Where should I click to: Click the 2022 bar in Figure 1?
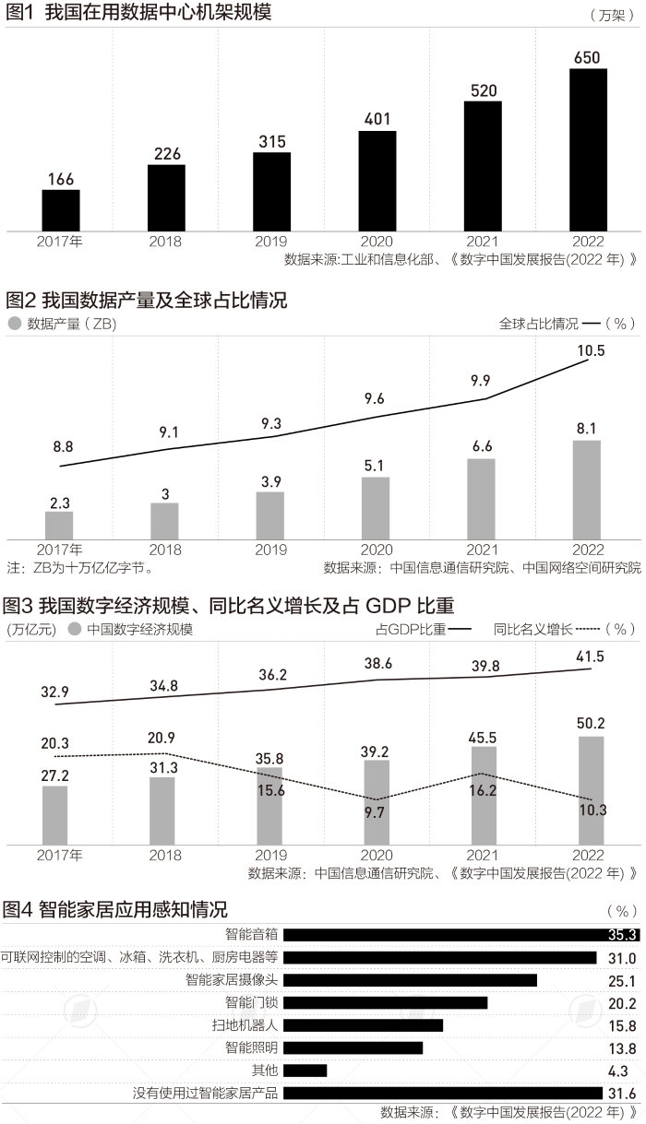tap(588, 149)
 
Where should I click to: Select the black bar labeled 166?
tap(61, 210)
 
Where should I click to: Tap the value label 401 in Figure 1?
tap(377, 119)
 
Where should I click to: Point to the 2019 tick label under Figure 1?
tap(271, 242)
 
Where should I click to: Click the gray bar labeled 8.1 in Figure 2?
tap(587, 490)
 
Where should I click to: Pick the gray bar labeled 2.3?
tap(59, 525)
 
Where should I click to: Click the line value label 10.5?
tap(590, 350)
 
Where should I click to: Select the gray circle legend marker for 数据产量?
tap(14, 324)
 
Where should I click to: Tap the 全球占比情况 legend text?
tap(539, 324)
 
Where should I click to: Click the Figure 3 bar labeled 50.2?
tap(592, 789)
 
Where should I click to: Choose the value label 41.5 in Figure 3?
tap(590, 657)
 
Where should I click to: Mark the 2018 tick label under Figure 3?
tap(165, 855)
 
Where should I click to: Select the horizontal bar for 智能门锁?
tap(386, 976)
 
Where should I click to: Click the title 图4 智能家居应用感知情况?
tap(115, 909)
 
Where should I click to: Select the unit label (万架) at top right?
tap(610, 16)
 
